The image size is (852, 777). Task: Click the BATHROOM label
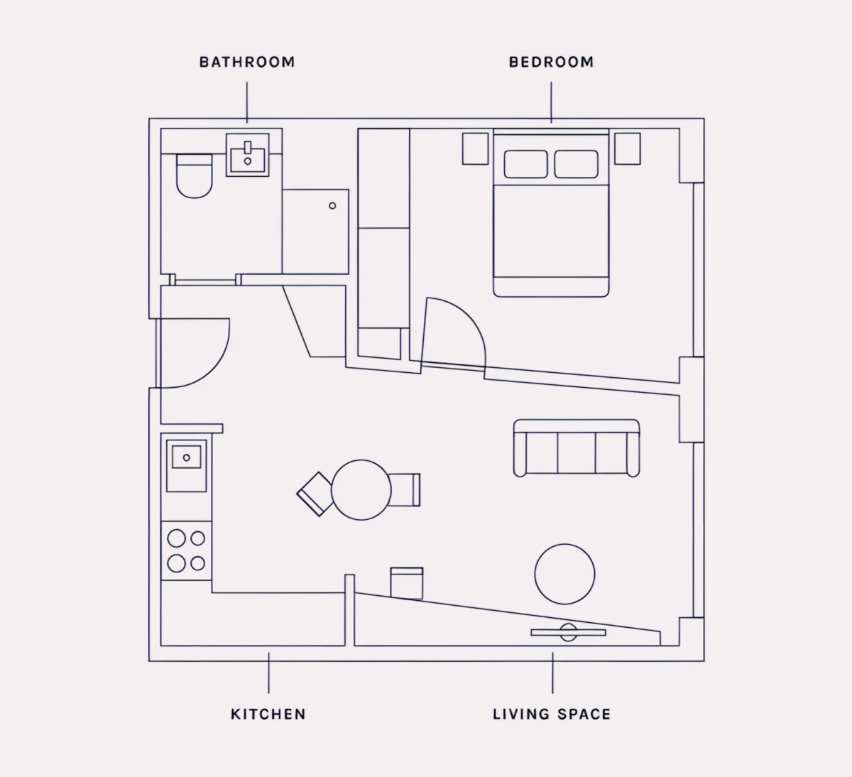pos(247,62)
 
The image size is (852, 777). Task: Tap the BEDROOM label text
pos(551,62)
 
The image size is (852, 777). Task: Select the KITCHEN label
pos(268,714)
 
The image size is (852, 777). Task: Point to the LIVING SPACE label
pos(552,714)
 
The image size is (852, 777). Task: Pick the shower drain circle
pos(332,206)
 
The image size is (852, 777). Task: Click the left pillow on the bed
pos(526,164)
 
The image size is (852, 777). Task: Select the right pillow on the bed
pos(577,164)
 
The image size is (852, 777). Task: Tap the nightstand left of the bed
pos(475,148)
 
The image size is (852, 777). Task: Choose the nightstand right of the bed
pos(628,148)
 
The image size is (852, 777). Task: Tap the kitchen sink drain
pos(187,458)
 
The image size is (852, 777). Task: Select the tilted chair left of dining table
pos(315,494)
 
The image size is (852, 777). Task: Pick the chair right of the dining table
pos(405,490)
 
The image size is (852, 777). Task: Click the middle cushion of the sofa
pos(577,452)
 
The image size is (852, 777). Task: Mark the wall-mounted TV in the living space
pos(568,633)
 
